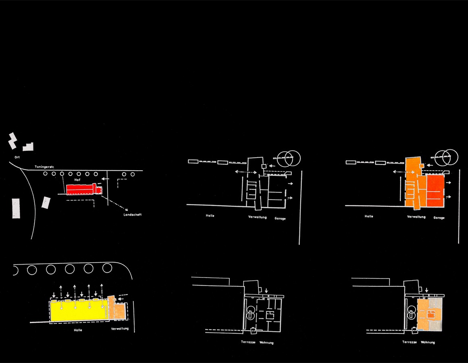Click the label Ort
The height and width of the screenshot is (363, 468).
tap(17, 157)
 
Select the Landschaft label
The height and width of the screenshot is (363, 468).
tap(133, 215)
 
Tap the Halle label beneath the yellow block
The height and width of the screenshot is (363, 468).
tap(78, 330)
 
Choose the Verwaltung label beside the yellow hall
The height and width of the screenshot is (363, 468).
tap(120, 329)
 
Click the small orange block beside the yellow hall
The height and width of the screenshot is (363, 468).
tap(119, 311)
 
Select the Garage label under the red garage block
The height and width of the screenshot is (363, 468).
tap(439, 218)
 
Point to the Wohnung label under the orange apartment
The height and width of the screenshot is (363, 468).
tap(428, 342)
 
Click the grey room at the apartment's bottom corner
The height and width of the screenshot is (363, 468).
tap(436, 325)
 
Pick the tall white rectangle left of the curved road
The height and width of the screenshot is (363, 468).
tap(16, 208)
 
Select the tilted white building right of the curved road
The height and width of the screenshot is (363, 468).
tap(46, 202)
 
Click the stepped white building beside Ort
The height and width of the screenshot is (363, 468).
tap(28, 147)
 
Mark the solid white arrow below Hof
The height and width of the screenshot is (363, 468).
tap(104, 179)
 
